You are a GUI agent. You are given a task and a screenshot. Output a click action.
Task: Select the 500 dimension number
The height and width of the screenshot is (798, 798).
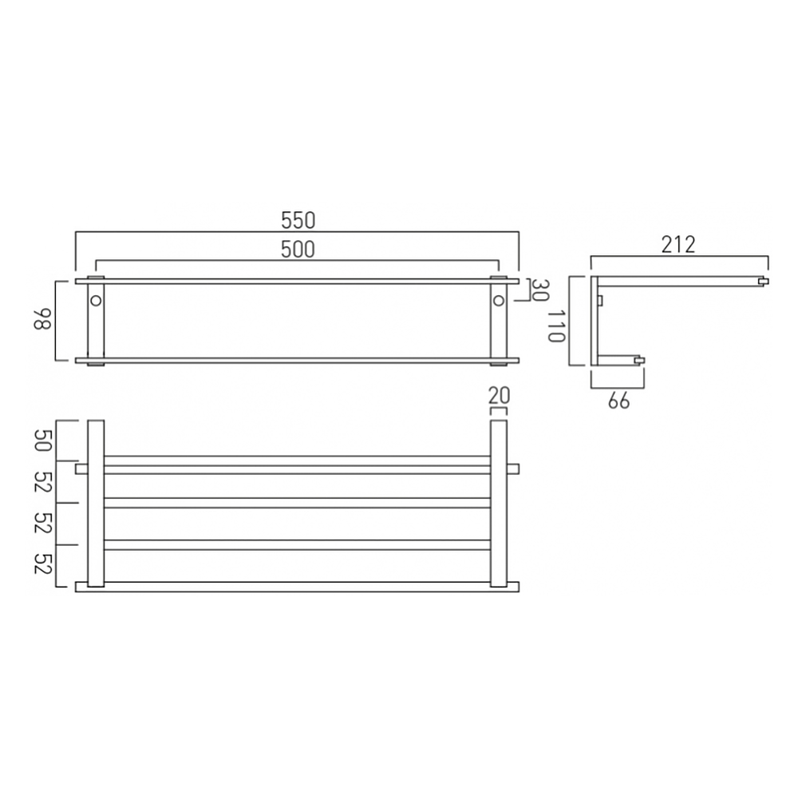[297, 249]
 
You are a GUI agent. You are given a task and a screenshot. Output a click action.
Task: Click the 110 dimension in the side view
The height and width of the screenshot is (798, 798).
[556, 321]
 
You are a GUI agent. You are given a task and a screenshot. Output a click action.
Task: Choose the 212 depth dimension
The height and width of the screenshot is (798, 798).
[679, 244]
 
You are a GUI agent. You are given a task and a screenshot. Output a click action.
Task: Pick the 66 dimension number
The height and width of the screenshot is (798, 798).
[618, 401]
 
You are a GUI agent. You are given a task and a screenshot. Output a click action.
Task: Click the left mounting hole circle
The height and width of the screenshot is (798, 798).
[96, 300]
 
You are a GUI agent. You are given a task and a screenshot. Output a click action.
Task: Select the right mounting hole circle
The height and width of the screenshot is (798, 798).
[499, 300]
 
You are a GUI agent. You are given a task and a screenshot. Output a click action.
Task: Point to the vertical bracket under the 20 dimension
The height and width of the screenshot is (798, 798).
[498, 503]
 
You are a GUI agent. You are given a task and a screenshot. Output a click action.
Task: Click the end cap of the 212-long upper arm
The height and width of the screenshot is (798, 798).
[764, 281]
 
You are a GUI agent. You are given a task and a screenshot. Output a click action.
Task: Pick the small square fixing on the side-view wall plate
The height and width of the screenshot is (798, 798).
[601, 299]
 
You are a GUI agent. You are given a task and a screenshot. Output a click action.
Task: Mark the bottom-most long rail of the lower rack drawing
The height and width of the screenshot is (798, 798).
[297, 587]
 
